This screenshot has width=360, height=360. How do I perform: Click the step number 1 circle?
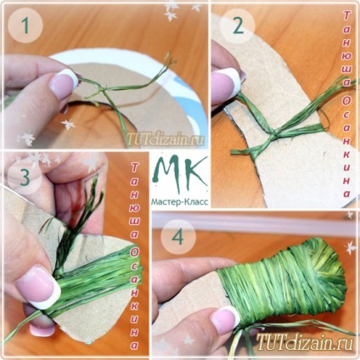tap(25, 26)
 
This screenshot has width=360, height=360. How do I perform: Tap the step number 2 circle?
tap(238, 26)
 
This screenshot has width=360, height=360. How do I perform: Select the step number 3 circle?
tap(25, 177)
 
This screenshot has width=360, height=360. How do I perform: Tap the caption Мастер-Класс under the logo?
tap(180, 201)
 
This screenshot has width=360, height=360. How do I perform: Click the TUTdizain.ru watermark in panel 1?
tap(166, 139)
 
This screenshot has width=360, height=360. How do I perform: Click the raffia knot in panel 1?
tap(101, 90)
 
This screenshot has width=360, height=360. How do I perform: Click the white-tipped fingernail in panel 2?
tap(226, 84)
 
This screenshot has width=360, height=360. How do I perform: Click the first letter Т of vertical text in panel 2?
tap(346, 16)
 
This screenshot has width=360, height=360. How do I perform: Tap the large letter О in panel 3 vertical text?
tap(134, 254)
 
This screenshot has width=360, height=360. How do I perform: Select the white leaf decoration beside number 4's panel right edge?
tap(351, 247)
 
